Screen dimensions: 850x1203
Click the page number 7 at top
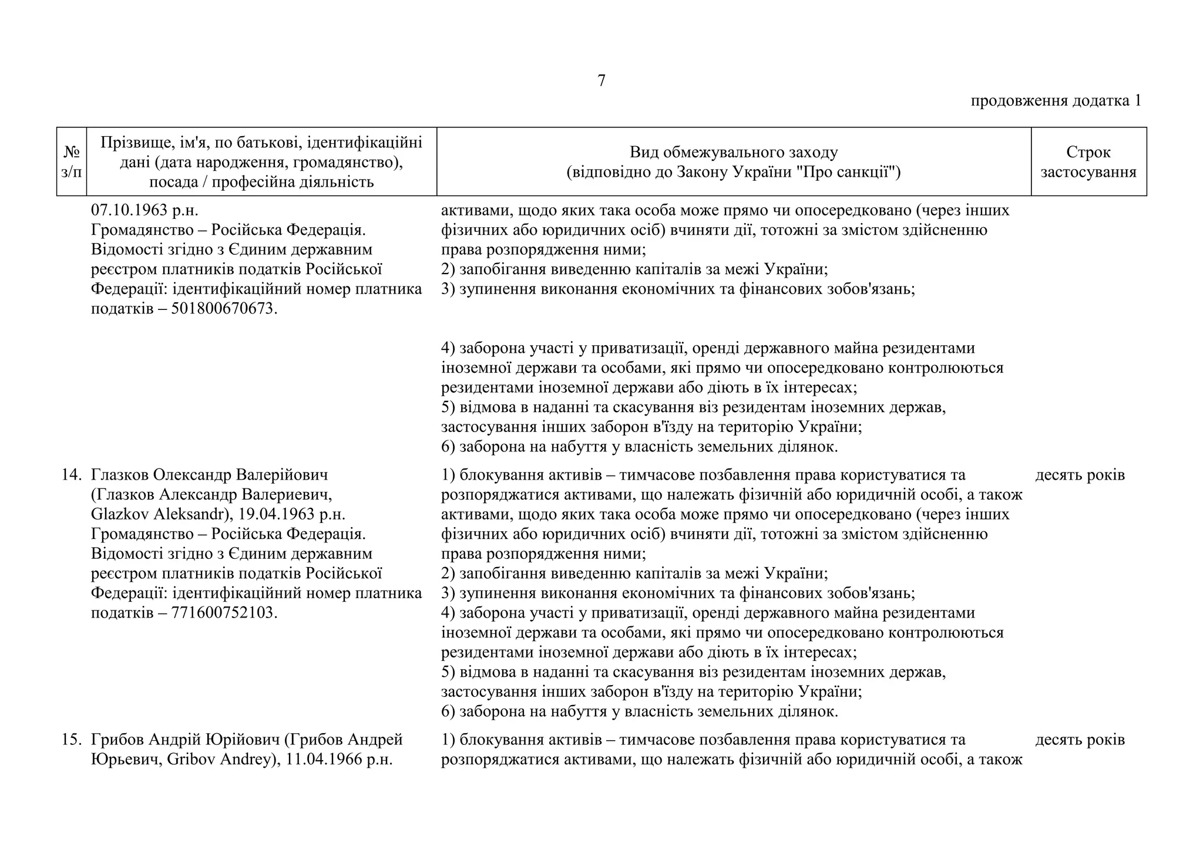[x=601, y=81]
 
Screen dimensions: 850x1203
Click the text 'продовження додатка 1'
[x=1056, y=101]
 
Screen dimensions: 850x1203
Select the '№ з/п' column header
[x=72, y=162]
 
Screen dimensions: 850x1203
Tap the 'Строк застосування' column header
[x=1088, y=162]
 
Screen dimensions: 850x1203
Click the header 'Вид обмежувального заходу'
[x=733, y=153]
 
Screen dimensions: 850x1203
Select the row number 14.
[x=72, y=475]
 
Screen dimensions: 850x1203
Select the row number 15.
[x=72, y=740]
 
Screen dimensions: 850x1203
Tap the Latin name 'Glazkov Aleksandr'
[x=157, y=514]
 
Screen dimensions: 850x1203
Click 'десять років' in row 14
[x=1080, y=475]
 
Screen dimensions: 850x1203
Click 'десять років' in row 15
[x=1080, y=740]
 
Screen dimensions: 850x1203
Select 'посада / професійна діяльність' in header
[x=261, y=182]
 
